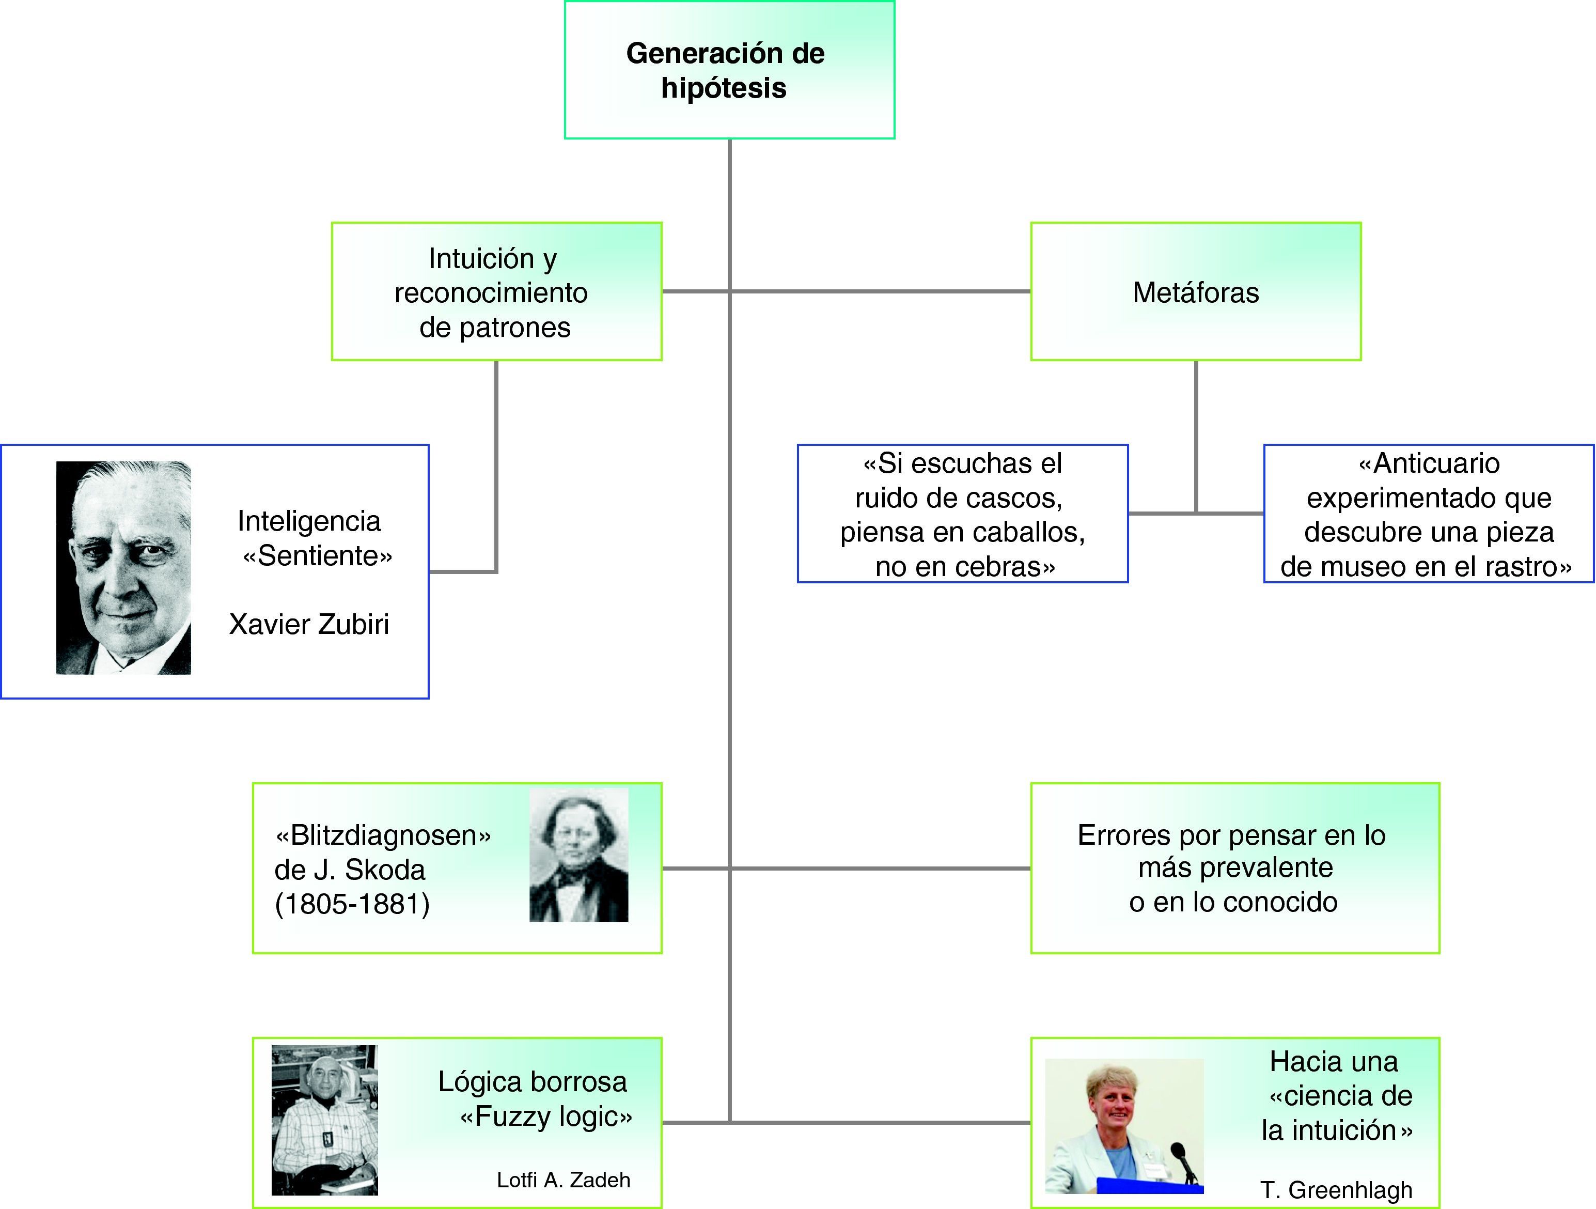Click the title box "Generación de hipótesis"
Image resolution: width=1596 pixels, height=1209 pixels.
(729, 70)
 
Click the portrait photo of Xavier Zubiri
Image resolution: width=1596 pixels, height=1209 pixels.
(123, 567)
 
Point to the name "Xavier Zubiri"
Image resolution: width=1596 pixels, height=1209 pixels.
(309, 624)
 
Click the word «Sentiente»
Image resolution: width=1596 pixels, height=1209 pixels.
(318, 556)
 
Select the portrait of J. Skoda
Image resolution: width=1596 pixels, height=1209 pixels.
(578, 854)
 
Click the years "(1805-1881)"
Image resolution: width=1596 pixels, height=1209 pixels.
(352, 904)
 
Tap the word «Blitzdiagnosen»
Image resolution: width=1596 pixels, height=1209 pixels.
(383, 835)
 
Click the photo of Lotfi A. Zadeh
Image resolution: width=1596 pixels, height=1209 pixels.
(325, 1120)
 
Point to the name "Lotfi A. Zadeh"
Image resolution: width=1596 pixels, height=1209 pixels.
(564, 1180)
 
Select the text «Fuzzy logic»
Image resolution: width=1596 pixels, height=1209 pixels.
(546, 1117)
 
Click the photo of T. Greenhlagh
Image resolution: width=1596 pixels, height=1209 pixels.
(1123, 1125)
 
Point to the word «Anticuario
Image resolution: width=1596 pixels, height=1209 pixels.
(1429, 463)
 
